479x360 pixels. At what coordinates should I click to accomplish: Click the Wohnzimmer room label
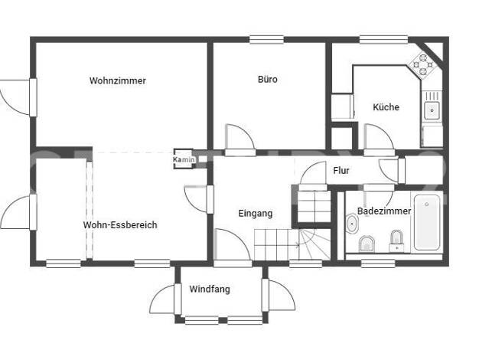tap(118, 80)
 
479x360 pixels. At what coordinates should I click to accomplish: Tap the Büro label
tap(268, 79)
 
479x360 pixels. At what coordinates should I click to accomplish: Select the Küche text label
tap(386, 107)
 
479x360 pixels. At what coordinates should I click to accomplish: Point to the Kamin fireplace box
tap(184, 159)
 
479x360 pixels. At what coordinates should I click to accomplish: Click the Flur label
tap(341, 170)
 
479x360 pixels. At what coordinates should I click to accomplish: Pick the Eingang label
tap(256, 214)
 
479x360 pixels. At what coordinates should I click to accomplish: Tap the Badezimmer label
tap(384, 211)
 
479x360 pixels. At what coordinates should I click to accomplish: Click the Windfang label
tap(210, 289)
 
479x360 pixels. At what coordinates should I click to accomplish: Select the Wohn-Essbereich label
tap(120, 225)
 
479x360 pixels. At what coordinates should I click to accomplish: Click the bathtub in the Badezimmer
tap(427, 222)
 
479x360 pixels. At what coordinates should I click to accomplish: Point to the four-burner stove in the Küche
tap(423, 65)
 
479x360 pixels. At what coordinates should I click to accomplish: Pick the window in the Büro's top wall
tap(267, 40)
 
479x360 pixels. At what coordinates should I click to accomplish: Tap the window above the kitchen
tap(383, 40)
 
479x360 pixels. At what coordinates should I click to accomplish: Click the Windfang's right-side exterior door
tap(278, 295)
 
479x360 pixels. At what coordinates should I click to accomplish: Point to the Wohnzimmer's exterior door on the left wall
tap(18, 97)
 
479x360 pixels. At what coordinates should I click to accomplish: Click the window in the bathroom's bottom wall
tap(378, 263)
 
